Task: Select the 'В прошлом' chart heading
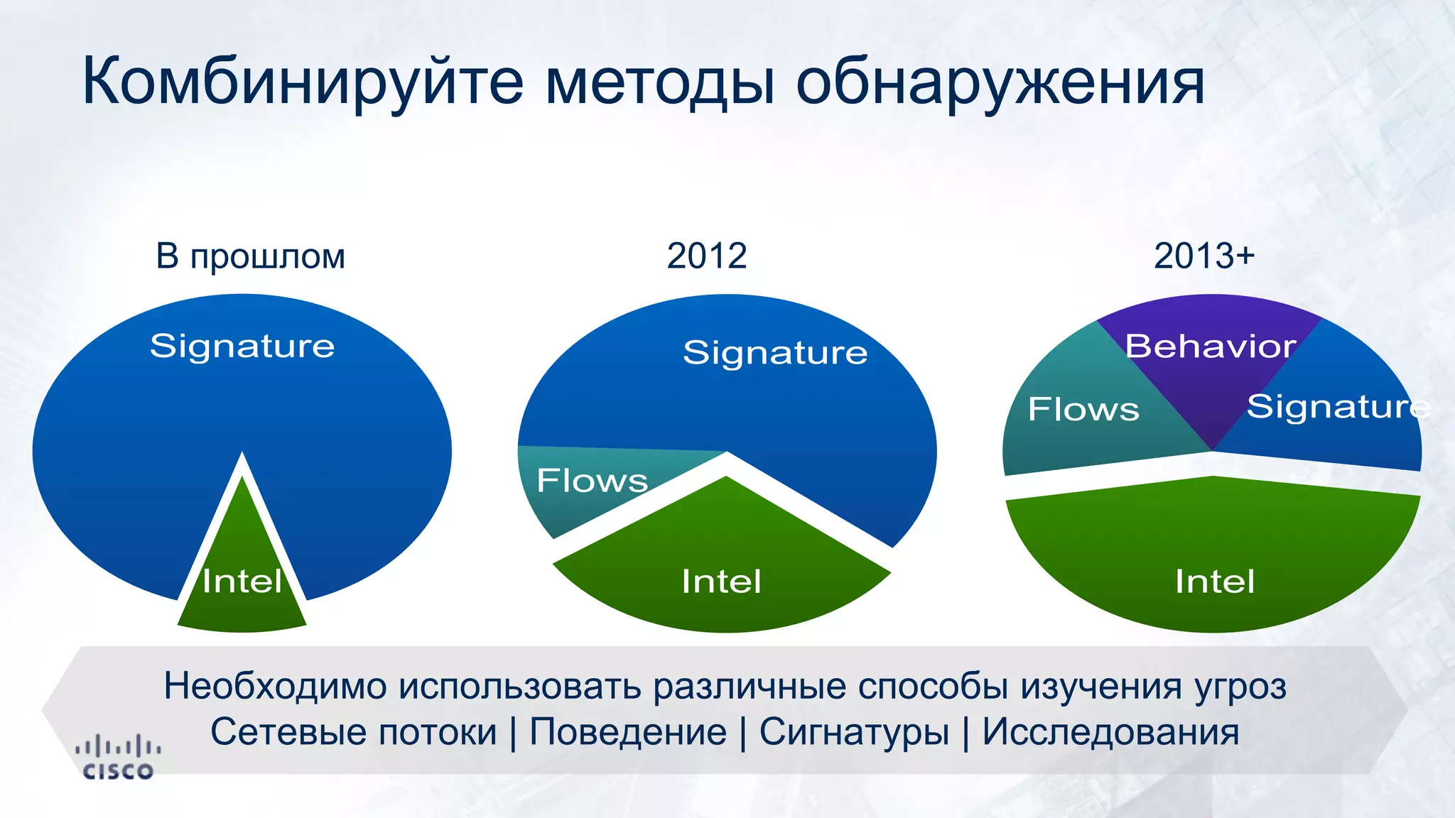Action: [x=250, y=256]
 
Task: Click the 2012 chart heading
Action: [x=707, y=256]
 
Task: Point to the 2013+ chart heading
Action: [x=1204, y=256]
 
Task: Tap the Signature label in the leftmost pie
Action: [x=242, y=346]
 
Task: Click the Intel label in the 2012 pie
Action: [x=721, y=581]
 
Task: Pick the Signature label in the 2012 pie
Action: [x=775, y=352]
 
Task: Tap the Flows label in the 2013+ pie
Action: [x=1083, y=409]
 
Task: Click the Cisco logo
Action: [x=118, y=758]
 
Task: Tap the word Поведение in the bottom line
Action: [x=628, y=731]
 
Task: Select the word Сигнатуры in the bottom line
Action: [x=854, y=731]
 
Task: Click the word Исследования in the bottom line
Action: [x=1110, y=731]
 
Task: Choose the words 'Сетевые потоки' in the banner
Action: [x=353, y=731]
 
